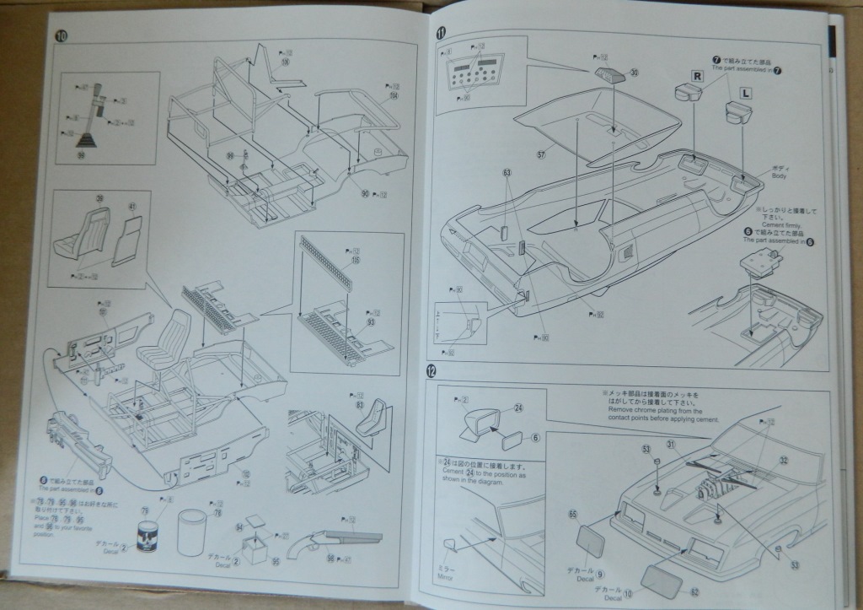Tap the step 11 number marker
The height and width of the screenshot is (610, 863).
click(x=441, y=34)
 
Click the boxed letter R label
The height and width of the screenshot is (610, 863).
click(x=697, y=74)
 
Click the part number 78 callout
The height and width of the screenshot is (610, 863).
click(x=217, y=514)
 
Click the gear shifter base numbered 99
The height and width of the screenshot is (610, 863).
click(x=82, y=154)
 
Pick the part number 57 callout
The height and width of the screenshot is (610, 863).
click(x=542, y=155)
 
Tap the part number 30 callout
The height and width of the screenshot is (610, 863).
click(x=635, y=73)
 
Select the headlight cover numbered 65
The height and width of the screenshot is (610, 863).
click(x=590, y=541)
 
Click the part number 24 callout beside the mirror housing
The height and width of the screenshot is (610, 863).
click(x=518, y=408)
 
